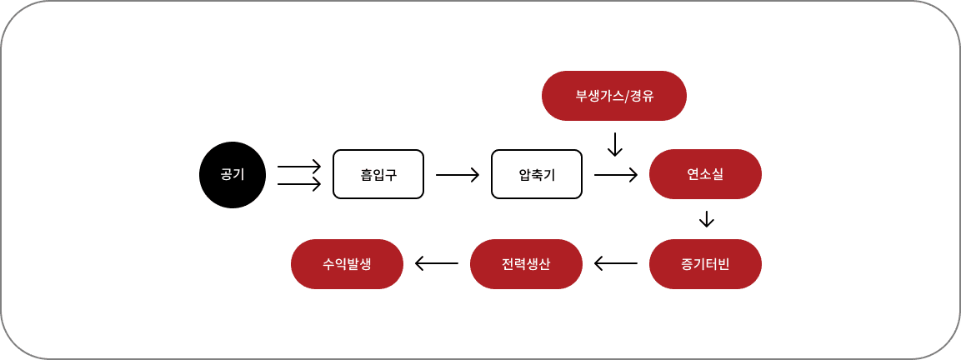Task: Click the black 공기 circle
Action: click(232, 175)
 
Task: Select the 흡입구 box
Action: click(378, 174)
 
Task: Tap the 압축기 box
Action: click(537, 174)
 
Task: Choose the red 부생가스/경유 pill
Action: click(614, 96)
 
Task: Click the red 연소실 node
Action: click(705, 174)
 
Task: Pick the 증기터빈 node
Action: click(705, 264)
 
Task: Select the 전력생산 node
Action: click(526, 264)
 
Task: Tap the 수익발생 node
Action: click(347, 264)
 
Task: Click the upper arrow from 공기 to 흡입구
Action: click(299, 166)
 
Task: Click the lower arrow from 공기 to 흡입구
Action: click(299, 184)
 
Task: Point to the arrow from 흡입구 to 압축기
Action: click(458, 175)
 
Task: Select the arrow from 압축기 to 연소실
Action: click(616, 175)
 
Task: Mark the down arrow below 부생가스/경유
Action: click(615, 144)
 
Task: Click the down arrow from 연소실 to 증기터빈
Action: click(707, 219)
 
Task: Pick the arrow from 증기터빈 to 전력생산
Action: click(616, 264)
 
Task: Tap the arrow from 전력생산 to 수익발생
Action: click(437, 264)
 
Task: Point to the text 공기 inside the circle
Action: click(232, 175)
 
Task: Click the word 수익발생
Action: click(347, 264)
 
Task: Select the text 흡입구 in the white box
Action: click(378, 175)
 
